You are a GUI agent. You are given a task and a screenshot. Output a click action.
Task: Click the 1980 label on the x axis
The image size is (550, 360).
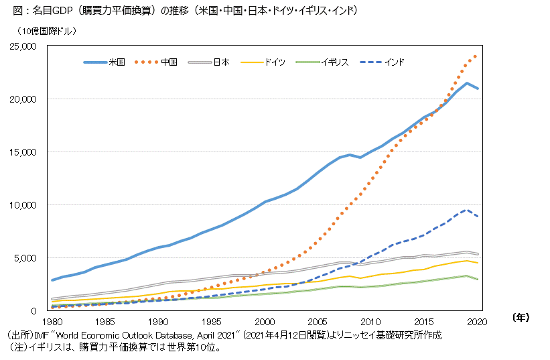[52, 322]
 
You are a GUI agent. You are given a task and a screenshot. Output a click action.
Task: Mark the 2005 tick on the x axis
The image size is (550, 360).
[318, 322]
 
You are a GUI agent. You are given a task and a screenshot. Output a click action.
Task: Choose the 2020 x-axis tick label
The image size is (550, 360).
[478, 322]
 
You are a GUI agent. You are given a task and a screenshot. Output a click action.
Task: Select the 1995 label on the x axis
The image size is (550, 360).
[212, 322]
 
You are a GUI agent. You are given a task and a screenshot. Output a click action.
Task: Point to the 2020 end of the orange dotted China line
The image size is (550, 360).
[476, 55]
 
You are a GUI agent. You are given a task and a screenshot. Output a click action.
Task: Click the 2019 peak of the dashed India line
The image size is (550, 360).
[467, 209]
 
